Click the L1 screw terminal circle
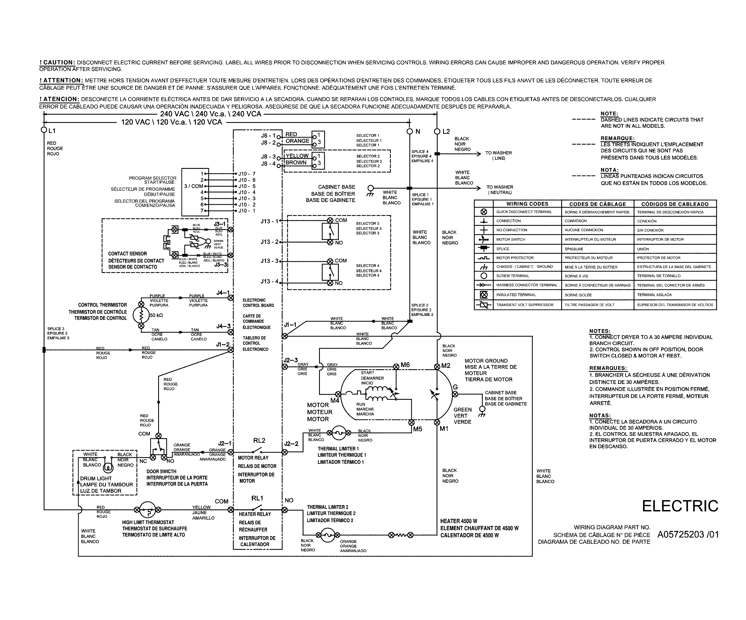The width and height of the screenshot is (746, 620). pos(44,130)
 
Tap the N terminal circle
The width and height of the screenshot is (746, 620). pos(410,131)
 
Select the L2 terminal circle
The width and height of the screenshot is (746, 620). pos(437,131)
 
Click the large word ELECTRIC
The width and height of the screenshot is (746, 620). pos(680,506)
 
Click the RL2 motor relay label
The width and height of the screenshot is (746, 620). pos(259,440)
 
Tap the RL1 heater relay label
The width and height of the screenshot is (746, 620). pos(257,498)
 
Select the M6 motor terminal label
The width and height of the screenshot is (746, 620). pos(405,365)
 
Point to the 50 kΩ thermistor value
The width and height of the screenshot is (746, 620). pos(156,315)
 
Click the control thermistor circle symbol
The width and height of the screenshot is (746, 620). pos(141,315)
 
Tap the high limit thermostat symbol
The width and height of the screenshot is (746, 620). pos(147,510)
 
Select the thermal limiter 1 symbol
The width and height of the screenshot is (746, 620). pos(339,433)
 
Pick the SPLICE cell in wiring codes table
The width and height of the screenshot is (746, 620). pos(503,249)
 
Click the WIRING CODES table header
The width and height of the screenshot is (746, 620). pos(527,204)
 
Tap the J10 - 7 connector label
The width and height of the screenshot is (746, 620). pos(247,174)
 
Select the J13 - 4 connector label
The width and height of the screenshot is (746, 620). pos(269,281)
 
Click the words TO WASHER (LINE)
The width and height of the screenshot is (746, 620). pos(499,155)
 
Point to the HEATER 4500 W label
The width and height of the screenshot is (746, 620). pos(456,521)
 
